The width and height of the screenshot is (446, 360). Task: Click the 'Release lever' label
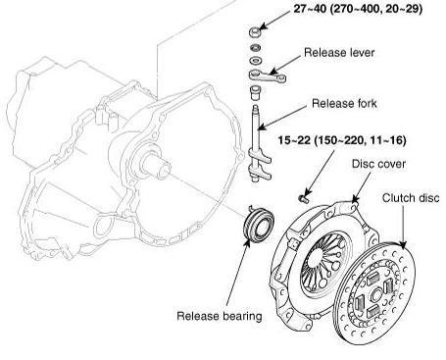click(x=339, y=53)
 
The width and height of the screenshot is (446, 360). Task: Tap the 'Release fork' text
click(x=344, y=103)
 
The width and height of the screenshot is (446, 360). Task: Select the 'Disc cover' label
click(x=378, y=164)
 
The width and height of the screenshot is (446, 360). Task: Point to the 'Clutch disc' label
click(x=411, y=198)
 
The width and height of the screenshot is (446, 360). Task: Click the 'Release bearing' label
click(x=220, y=316)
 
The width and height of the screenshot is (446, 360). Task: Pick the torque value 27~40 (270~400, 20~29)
click(x=358, y=9)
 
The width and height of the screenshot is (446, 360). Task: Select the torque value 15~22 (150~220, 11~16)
click(x=342, y=140)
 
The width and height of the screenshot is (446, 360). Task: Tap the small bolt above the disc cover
click(x=304, y=198)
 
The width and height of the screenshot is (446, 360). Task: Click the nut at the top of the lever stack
click(x=255, y=32)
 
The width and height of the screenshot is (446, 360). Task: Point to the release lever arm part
click(x=268, y=77)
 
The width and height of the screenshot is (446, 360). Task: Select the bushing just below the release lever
click(x=255, y=92)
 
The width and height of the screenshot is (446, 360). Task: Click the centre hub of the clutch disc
click(x=374, y=296)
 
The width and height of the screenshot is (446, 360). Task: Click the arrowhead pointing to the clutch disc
click(x=403, y=245)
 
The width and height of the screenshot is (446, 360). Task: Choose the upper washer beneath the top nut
click(x=256, y=48)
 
